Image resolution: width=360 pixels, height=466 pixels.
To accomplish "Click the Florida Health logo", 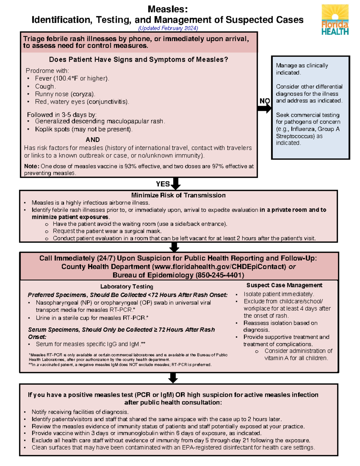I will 335,20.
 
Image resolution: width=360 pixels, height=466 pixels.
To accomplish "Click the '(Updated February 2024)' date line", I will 168,28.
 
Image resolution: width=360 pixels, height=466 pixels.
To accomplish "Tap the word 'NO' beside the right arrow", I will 265,101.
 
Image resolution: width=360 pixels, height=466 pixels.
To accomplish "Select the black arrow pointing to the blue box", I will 264,108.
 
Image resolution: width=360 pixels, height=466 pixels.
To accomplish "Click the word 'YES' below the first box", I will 163,184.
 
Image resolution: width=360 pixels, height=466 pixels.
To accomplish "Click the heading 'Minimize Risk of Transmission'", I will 178,195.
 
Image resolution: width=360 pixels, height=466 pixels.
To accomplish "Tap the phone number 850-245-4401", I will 220,275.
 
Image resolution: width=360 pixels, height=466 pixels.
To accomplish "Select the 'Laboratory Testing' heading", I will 127,287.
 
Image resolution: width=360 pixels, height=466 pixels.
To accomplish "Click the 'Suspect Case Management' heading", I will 284,285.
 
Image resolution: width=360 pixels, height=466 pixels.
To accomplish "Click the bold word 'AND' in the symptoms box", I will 93,140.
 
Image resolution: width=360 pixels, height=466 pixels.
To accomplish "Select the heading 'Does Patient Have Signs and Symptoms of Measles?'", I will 138,59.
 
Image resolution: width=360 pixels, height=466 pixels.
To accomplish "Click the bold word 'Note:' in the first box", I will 31,166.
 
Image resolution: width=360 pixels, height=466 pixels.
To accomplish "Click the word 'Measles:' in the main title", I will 168,9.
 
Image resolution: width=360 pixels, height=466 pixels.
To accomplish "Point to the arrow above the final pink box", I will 173,378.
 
